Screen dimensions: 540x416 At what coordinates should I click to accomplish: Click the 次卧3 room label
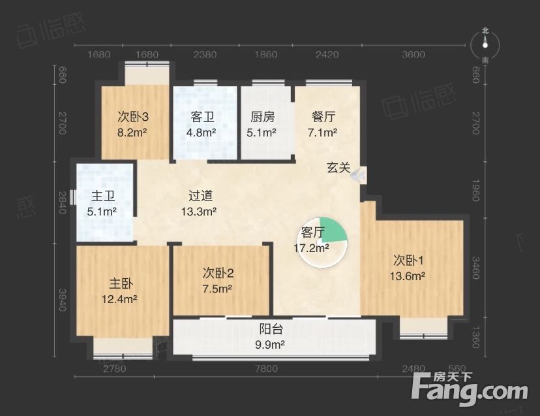tap(133, 117)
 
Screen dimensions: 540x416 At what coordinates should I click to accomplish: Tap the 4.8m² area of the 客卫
tap(201, 132)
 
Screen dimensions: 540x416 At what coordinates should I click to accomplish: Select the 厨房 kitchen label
tap(262, 117)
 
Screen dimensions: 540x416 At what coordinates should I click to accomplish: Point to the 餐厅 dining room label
tap(323, 117)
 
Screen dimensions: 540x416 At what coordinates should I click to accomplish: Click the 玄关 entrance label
tap(338, 168)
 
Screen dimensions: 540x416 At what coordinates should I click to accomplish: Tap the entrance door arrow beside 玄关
tap(358, 174)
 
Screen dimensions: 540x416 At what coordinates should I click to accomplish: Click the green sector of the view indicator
tap(332, 229)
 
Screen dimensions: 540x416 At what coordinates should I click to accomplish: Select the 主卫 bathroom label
tap(103, 196)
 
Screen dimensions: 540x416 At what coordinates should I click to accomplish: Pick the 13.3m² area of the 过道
tap(199, 211)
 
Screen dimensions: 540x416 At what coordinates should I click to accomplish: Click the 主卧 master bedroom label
tap(121, 283)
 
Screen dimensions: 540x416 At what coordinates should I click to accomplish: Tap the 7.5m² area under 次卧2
tap(217, 289)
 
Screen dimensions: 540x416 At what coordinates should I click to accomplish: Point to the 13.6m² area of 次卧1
tap(408, 276)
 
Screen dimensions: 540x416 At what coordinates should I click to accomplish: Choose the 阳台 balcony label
tap(271, 328)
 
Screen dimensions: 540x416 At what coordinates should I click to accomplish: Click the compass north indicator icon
tap(485, 45)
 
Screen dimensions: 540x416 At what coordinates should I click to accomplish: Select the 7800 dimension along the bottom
tap(267, 369)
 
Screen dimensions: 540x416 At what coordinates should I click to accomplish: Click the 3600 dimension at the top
tap(413, 54)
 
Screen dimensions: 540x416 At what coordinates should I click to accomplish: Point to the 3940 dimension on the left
tap(63, 300)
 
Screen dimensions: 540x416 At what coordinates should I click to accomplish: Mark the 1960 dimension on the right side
tap(475, 191)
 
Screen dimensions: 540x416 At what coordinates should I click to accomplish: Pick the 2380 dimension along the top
tap(205, 54)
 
